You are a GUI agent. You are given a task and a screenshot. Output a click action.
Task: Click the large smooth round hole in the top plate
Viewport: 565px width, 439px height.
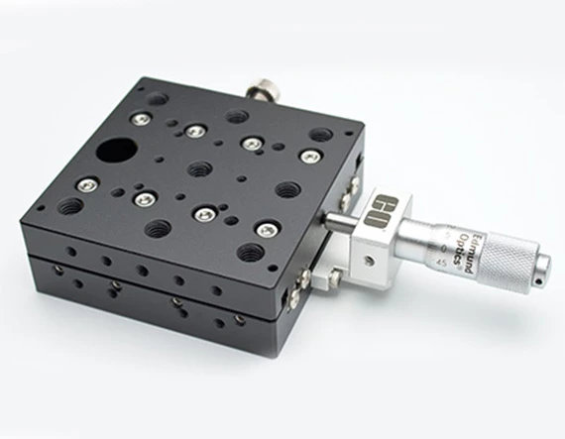click(116, 152)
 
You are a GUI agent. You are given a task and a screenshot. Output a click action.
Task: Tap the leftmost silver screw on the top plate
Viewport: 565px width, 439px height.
click(88, 183)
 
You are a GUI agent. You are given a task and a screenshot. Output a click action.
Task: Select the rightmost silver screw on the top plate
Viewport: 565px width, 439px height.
click(310, 156)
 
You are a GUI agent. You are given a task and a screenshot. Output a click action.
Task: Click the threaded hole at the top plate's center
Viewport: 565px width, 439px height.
click(199, 168)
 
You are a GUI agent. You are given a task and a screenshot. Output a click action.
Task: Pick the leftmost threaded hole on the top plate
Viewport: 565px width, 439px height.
click(70, 207)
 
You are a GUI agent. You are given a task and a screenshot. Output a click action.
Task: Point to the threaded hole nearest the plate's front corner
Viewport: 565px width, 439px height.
click(250, 253)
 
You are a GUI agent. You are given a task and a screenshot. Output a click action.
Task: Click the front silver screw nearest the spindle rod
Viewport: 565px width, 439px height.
click(266, 229)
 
